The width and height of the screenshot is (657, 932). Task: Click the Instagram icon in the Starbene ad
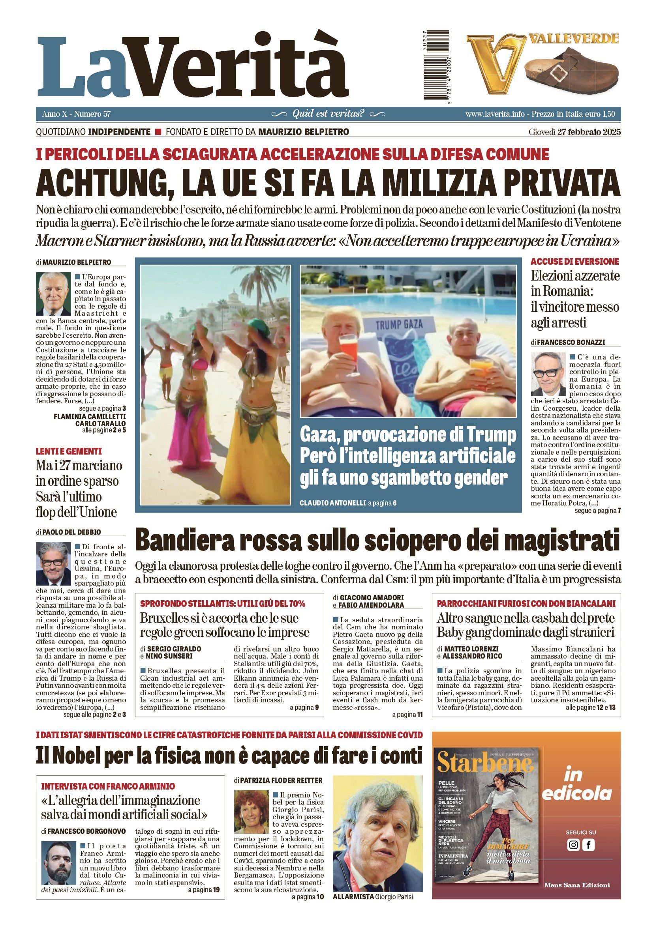click(x=573, y=846)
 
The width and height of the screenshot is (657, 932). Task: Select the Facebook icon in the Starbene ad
click(x=588, y=846)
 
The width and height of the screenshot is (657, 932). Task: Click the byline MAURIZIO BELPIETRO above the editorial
click(x=76, y=262)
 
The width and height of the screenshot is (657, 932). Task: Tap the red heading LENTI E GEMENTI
click(x=69, y=451)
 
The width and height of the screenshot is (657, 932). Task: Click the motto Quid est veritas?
click(x=328, y=114)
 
